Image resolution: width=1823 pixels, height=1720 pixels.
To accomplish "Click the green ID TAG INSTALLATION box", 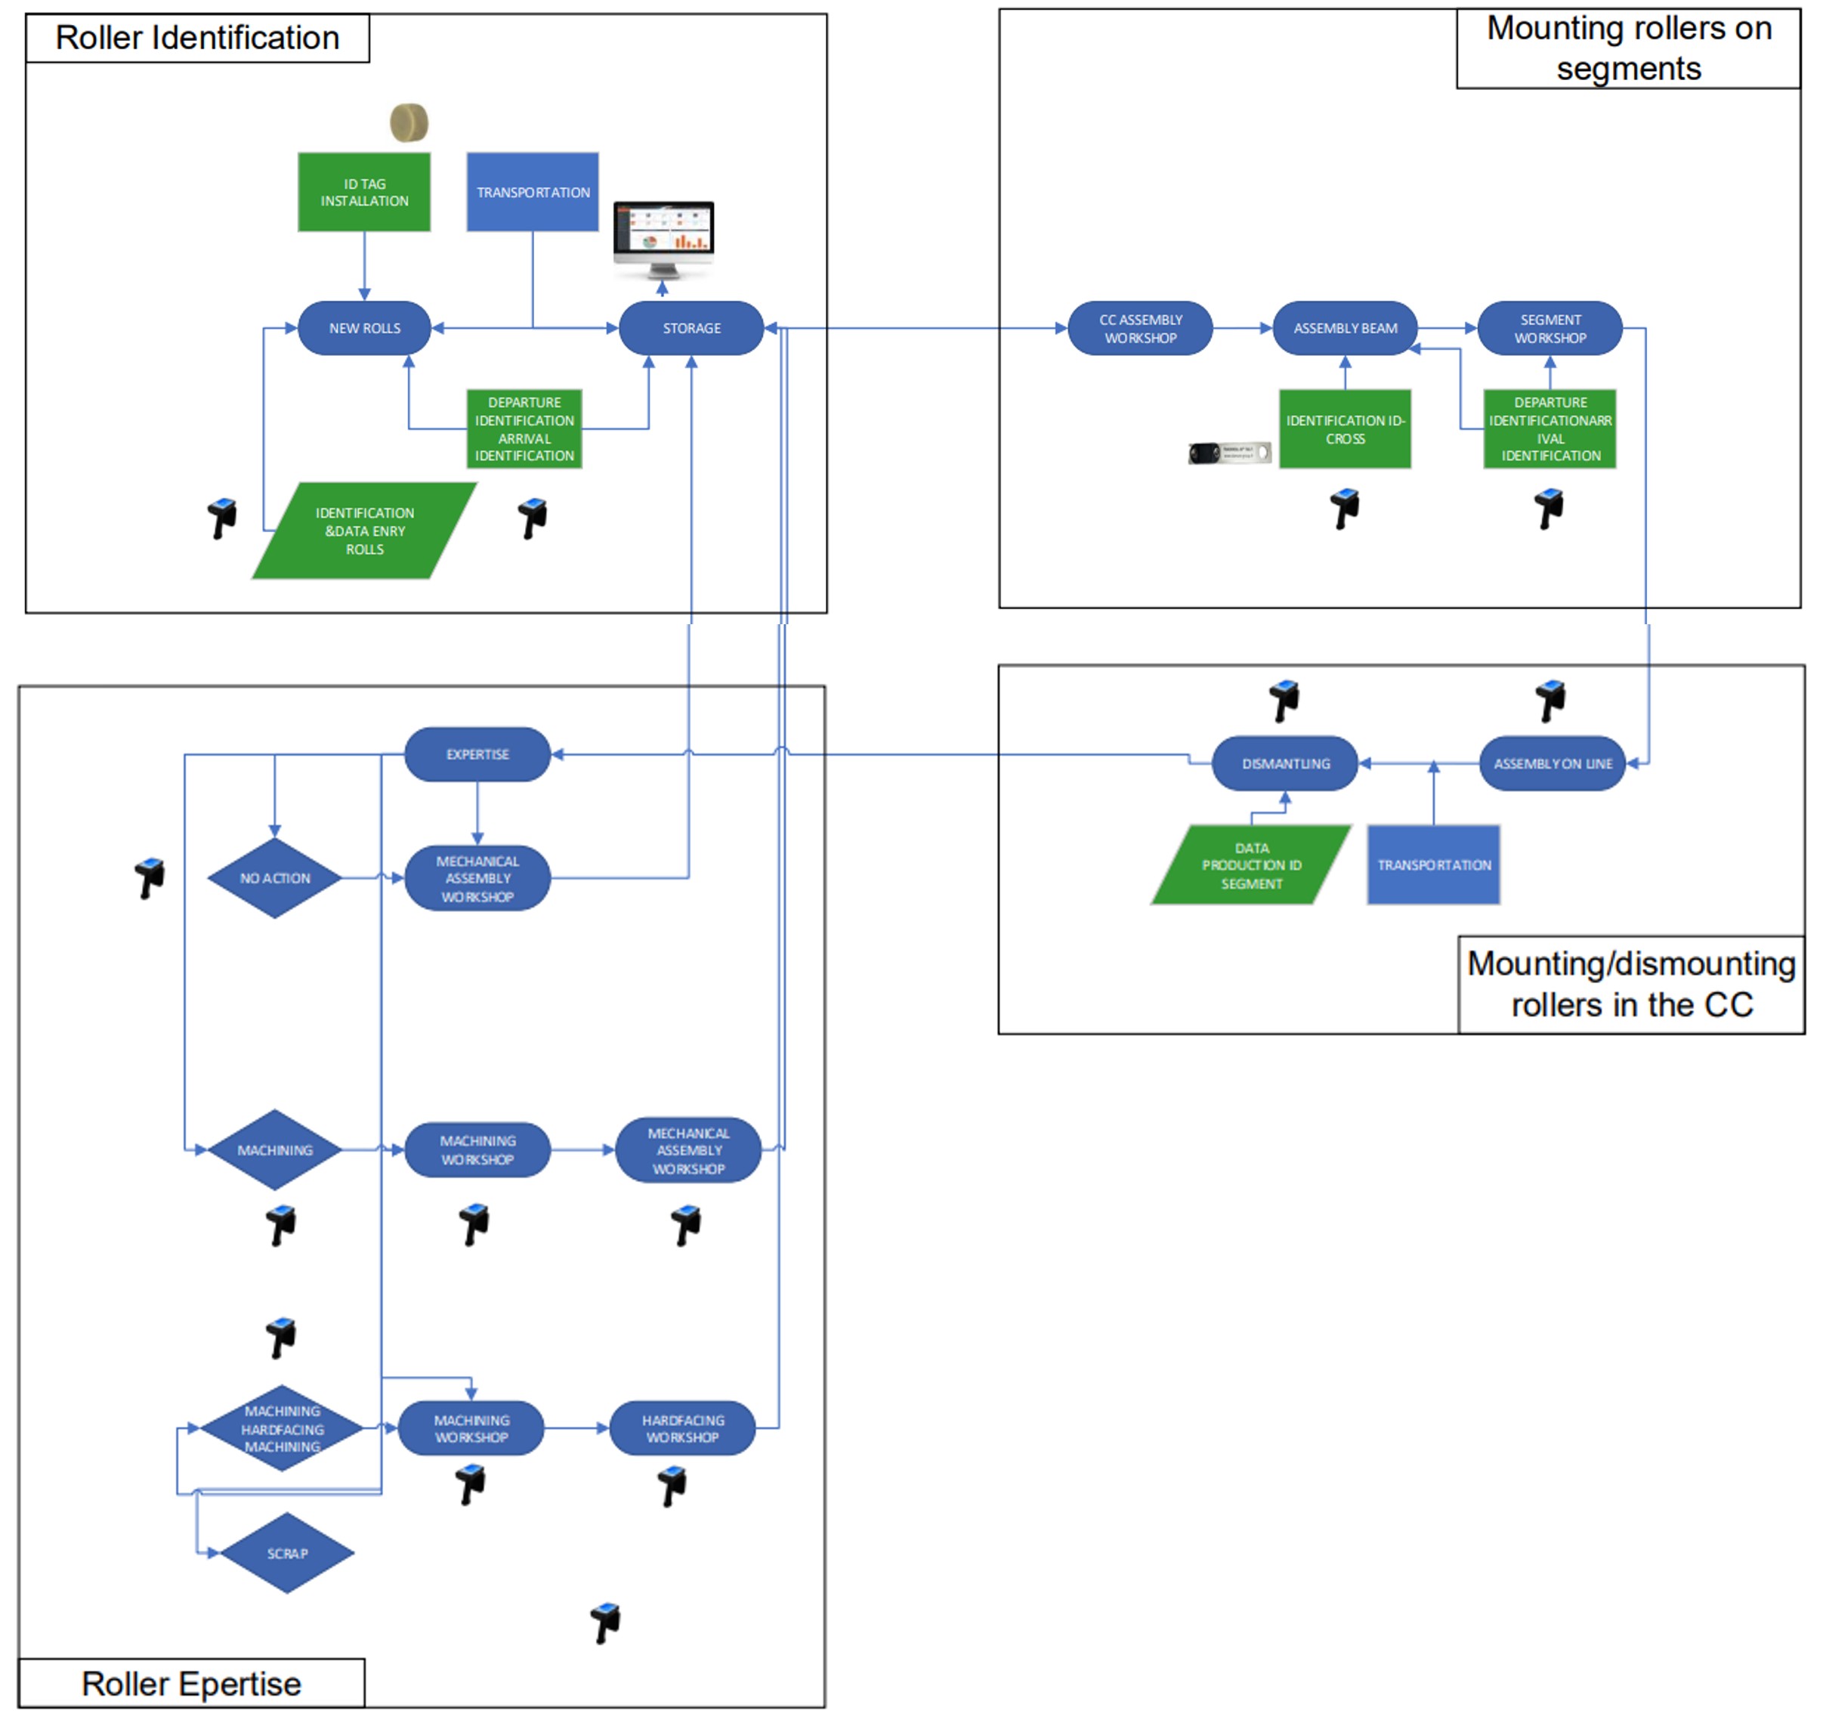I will click(364, 192).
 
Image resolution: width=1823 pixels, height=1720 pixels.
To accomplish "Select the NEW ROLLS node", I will click(364, 327).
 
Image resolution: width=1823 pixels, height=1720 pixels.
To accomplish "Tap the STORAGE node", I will click(691, 327).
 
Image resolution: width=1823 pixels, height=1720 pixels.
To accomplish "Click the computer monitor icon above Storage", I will click(663, 237).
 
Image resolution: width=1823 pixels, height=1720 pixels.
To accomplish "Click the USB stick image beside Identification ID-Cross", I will click(1228, 452).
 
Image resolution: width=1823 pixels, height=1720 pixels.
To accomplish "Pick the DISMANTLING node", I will click(1285, 763).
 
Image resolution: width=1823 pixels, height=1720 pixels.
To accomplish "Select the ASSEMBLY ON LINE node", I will click(1552, 763).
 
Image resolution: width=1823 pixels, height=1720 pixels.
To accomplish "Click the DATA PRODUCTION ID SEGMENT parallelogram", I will click(1251, 865).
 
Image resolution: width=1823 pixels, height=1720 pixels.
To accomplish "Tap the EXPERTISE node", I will click(477, 754).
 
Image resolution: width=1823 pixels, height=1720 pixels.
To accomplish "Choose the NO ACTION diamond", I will click(274, 878).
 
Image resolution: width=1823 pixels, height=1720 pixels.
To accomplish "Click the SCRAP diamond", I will click(287, 1553).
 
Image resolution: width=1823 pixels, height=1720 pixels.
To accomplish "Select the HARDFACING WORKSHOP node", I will click(682, 1428).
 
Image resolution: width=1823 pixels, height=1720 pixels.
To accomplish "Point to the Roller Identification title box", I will click(197, 38).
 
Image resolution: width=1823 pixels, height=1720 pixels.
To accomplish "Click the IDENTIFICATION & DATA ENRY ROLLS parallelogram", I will click(364, 531).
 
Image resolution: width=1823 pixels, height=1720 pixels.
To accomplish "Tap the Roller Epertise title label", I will click(190, 1683).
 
